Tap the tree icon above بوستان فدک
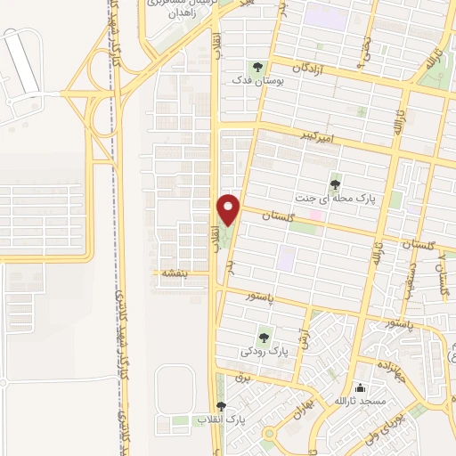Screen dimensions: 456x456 coord(257,66)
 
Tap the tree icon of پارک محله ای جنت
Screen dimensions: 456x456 coord(336,185)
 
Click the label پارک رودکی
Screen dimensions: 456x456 coord(265,352)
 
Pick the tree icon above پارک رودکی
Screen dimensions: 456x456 coord(264,337)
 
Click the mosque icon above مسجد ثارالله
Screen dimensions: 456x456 coord(360,388)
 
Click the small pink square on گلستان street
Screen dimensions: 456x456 coord(315,215)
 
